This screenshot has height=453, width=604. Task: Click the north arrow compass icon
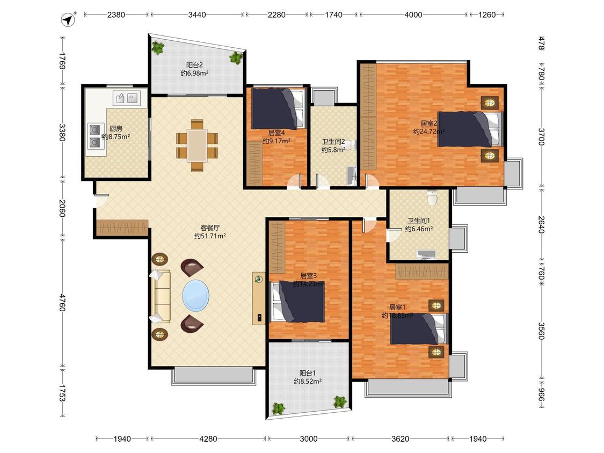point(69,19)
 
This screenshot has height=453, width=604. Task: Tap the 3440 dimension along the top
point(197,14)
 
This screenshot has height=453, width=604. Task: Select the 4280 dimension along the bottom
point(208,439)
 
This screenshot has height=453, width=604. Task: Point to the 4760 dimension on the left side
point(62,302)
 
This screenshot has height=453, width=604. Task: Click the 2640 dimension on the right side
point(541,224)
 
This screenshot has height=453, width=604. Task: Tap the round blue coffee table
point(196,295)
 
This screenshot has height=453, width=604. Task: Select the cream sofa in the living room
point(160,296)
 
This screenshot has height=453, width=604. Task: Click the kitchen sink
point(126,98)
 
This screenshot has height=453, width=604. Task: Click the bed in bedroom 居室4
point(278,108)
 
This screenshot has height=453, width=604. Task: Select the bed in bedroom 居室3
point(297,302)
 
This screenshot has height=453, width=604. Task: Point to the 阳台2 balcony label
point(194,65)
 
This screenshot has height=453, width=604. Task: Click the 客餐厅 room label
point(210,228)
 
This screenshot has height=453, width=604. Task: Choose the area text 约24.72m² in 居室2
point(429,131)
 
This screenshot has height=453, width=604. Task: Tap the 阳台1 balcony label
point(308,373)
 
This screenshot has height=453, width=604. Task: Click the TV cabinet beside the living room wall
point(259,298)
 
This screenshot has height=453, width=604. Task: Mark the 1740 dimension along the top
point(333,14)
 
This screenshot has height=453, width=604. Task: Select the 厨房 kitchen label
point(115,129)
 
